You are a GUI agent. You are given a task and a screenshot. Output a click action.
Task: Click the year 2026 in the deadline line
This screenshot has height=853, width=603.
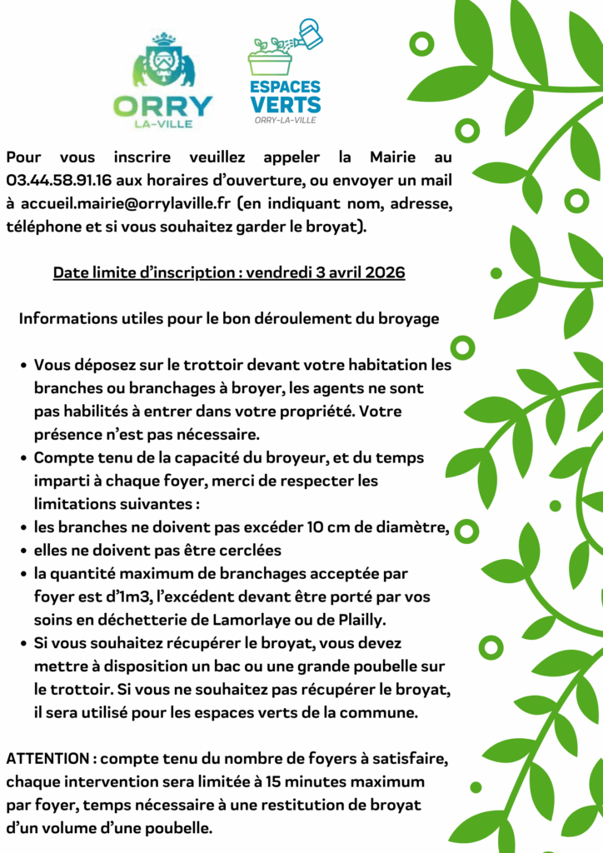click(x=385, y=272)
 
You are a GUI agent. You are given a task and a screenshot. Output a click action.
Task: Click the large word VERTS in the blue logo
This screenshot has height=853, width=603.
click(x=285, y=104)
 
